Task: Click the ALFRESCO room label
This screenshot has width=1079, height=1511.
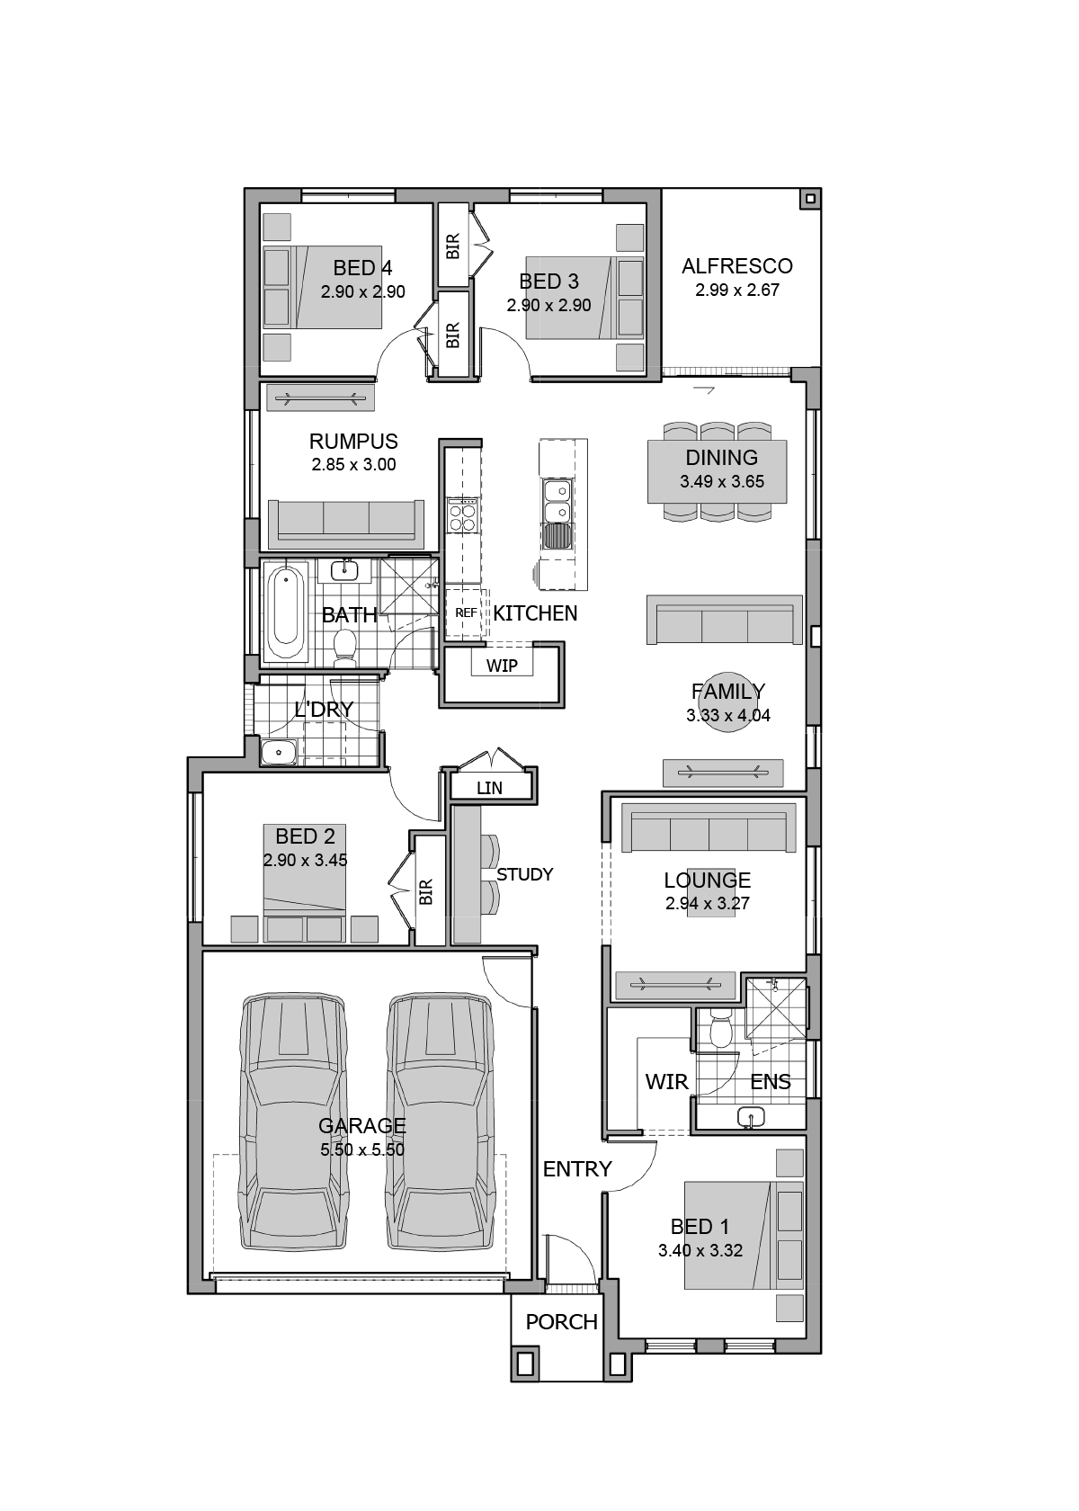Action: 736,266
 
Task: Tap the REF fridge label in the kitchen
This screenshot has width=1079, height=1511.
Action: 466,612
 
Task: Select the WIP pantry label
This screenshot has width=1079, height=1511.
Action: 502,666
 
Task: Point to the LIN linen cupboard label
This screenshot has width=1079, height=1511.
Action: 489,788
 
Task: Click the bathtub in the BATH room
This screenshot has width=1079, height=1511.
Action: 284,613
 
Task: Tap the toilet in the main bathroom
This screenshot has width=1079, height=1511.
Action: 344,648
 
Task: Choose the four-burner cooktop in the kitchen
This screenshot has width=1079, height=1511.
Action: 462,516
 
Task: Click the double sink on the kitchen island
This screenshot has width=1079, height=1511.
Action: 557,501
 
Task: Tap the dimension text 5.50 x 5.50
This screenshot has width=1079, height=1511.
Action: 362,1149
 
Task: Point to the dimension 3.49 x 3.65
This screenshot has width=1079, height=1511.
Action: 721,482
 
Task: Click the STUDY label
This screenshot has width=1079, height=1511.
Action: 525,874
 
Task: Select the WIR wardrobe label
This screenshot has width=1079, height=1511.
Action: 666,1082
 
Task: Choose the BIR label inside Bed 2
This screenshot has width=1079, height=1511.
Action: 425,892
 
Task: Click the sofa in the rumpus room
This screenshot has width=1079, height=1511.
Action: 346,524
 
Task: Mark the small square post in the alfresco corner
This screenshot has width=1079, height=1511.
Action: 810,199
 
